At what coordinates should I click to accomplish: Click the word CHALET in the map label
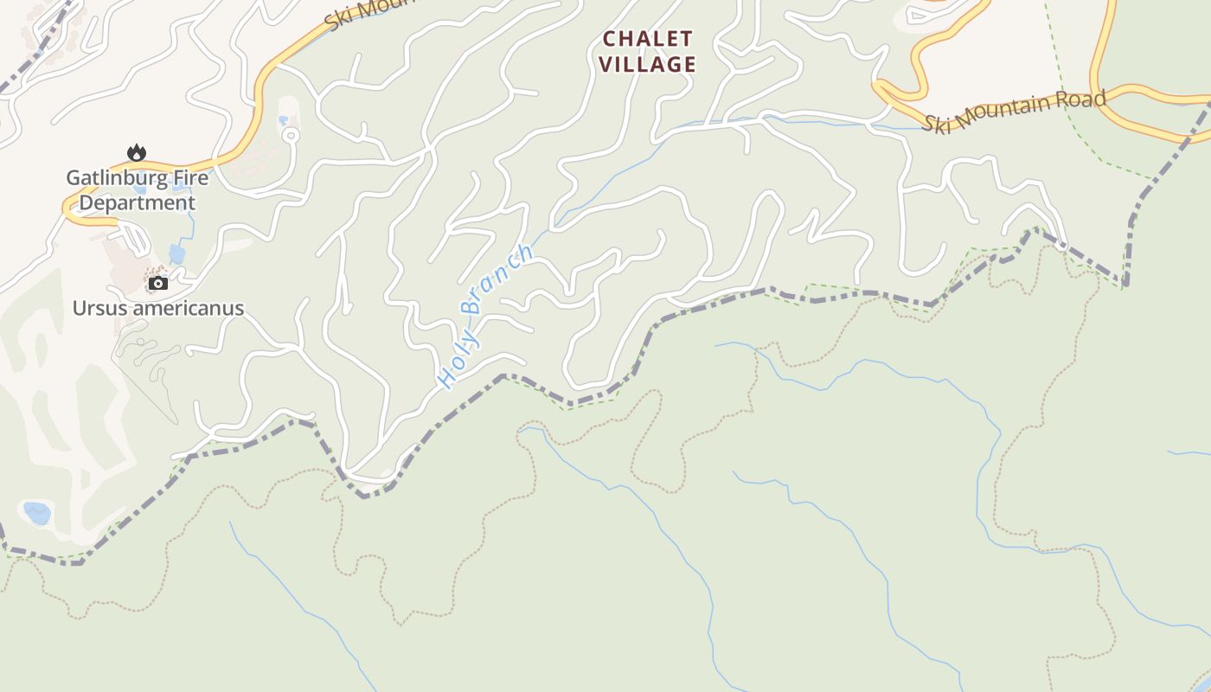click(x=648, y=39)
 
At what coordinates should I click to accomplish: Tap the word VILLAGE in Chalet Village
click(x=648, y=64)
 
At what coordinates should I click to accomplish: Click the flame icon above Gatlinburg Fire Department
click(x=137, y=153)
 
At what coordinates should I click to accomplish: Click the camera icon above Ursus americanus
click(x=157, y=283)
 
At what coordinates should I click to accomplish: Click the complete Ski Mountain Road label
click(x=1014, y=111)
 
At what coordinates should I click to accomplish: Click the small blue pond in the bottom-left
click(x=37, y=513)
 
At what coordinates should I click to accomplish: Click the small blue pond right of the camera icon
click(x=177, y=254)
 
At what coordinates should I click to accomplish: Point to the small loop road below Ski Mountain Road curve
click(x=292, y=134)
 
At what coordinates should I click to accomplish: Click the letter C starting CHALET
click(x=609, y=39)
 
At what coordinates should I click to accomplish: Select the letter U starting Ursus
click(x=79, y=309)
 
